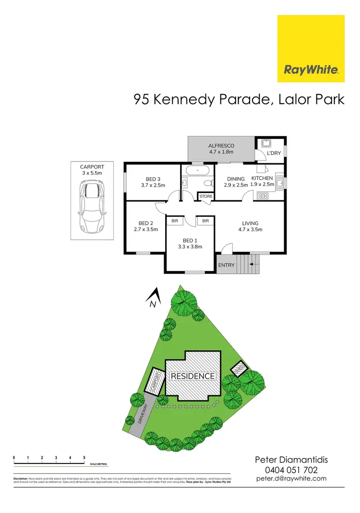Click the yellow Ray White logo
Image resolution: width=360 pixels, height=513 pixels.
pyautogui.click(x=311, y=49)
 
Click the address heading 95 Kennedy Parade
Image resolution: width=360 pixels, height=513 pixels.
pyautogui.click(x=239, y=99)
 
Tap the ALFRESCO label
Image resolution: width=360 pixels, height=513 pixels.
pyautogui.click(x=221, y=146)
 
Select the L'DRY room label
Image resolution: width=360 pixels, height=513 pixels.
pyautogui.click(x=261, y=153)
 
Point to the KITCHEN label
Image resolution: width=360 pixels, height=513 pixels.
pyautogui.click(x=262, y=178)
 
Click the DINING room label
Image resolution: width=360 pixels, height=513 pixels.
pyautogui.click(x=236, y=179)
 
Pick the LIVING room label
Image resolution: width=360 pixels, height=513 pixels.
pyautogui.click(x=250, y=223)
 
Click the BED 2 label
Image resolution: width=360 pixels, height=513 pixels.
pyautogui.click(x=145, y=223)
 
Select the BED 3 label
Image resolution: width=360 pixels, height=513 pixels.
pyautogui.click(x=153, y=179)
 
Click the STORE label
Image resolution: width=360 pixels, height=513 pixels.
pyautogui.click(x=205, y=196)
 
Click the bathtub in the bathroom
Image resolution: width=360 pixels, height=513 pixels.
pyautogui.click(x=197, y=171)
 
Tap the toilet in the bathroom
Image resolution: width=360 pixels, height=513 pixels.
pyautogui.click(x=207, y=183)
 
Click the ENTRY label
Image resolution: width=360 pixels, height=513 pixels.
pyautogui.click(x=226, y=265)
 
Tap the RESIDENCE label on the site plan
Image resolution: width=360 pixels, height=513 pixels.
pyautogui.click(x=193, y=376)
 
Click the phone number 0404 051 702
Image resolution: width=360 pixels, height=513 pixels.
pyautogui.click(x=291, y=469)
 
